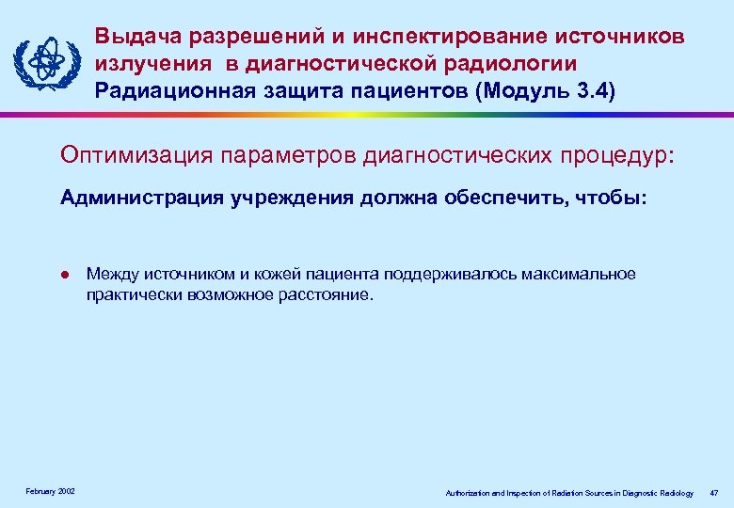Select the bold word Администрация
pos(136,199)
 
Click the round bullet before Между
pos(64,276)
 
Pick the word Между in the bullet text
pos(108,275)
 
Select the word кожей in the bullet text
pos(259,275)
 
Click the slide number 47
pos(714,493)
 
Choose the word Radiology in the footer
pos(676,493)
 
